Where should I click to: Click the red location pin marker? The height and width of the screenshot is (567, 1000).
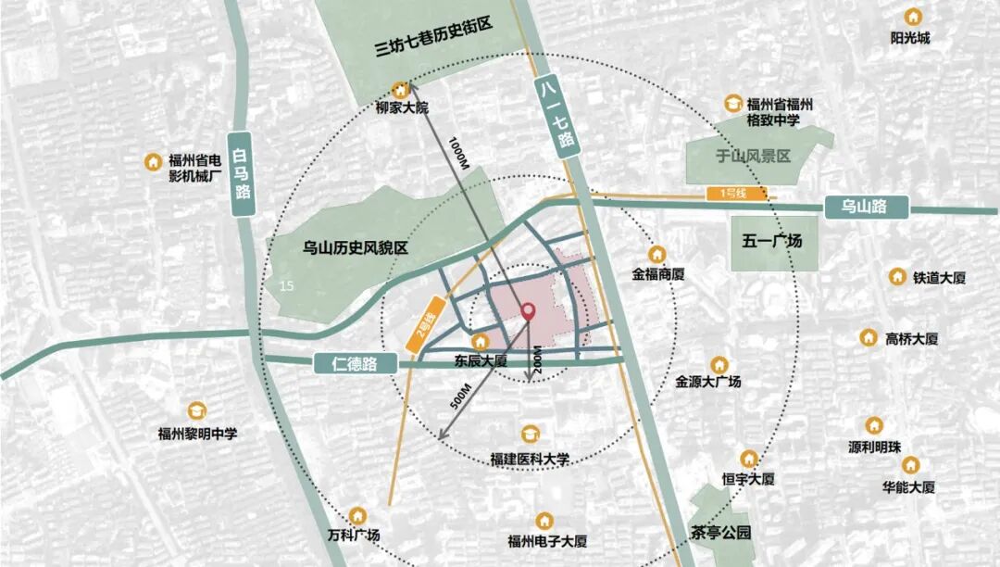(x=529, y=312)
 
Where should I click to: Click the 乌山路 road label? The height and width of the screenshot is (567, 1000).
(x=863, y=207)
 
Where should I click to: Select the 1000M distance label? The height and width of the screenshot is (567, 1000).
(x=458, y=151)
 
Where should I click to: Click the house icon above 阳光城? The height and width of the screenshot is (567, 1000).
(x=912, y=17)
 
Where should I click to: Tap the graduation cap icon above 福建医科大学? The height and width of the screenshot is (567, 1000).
(x=530, y=434)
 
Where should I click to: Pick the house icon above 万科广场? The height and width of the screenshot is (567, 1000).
(x=359, y=514)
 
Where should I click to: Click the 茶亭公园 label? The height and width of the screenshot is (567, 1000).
(x=720, y=534)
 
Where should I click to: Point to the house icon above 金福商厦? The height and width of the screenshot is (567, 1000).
(x=657, y=253)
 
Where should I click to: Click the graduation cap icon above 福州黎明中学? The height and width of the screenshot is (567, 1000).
(x=197, y=410)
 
